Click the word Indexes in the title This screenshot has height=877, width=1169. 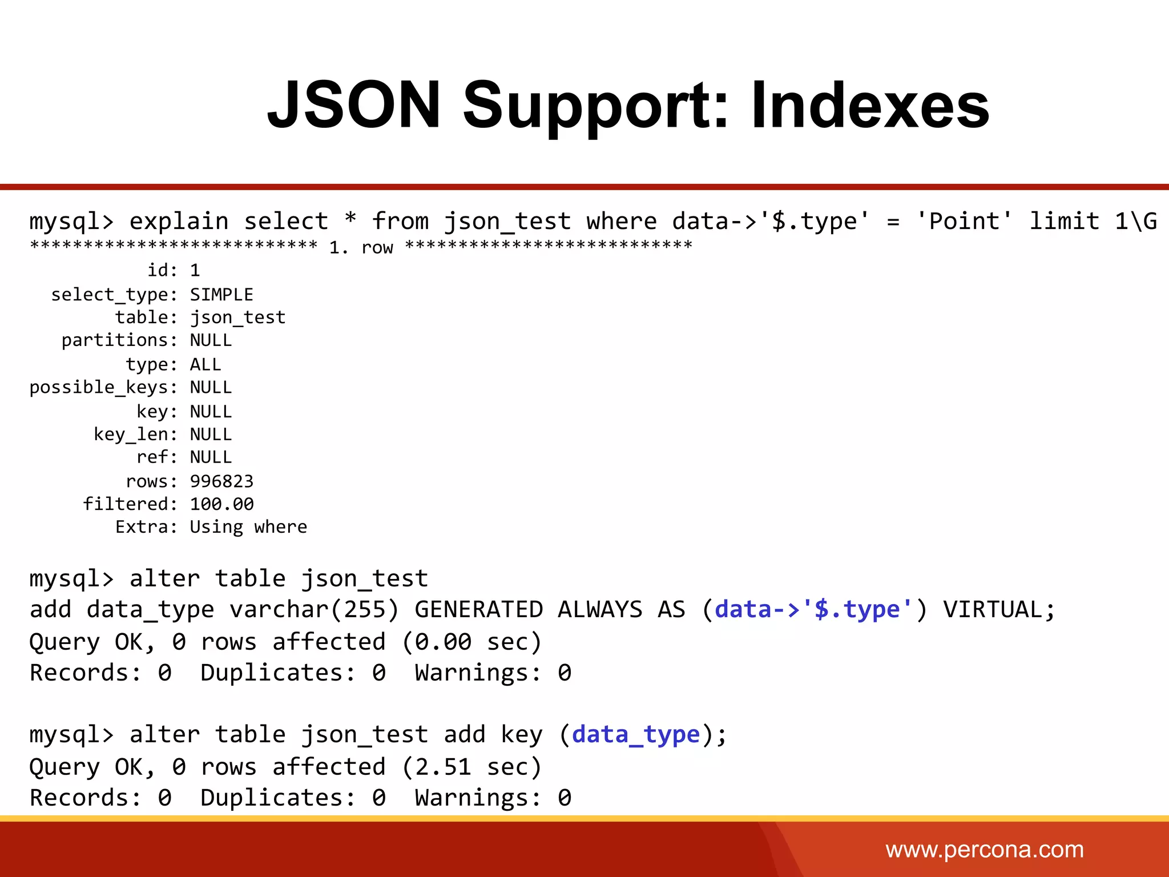click(870, 106)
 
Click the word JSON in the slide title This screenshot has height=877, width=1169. click(354, 106)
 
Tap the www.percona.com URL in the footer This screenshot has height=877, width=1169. click(984, 850)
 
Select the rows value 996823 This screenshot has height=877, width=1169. click(221, 481)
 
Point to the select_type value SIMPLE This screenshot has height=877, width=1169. click(221, 295)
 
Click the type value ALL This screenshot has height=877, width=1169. click(205, 364)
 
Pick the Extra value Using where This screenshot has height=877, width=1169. click(248, 526)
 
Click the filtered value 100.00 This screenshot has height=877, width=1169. click(221, 504)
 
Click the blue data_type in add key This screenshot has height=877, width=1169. click(636, 735)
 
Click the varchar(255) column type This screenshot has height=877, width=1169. click(314, 610)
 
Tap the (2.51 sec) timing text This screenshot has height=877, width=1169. click(471, 767)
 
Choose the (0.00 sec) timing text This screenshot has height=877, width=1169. click(471, 642)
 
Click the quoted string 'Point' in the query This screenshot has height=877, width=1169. click(964, 222)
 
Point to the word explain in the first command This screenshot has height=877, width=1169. click(179, 222)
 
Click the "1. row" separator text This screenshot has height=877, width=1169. click(361, 247)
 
